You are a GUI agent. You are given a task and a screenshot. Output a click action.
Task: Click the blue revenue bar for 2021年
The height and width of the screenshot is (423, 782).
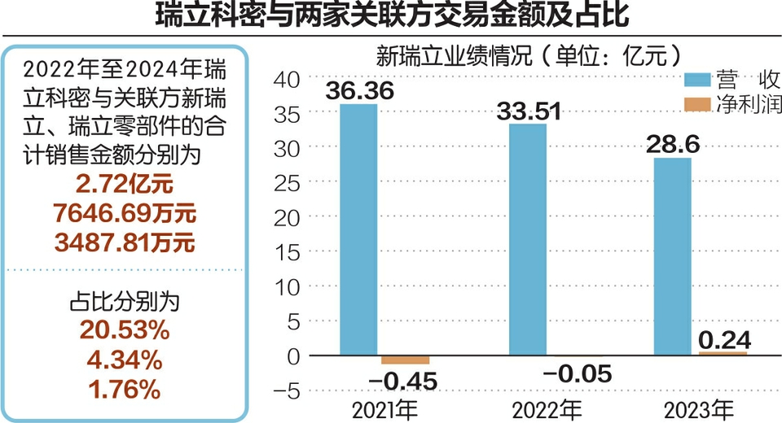358,230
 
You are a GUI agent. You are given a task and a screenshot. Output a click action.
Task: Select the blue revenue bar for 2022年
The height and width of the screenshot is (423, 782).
528,240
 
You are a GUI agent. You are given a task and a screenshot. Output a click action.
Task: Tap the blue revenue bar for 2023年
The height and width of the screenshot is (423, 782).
672,257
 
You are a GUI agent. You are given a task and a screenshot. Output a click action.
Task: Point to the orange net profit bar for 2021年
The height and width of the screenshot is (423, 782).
405,360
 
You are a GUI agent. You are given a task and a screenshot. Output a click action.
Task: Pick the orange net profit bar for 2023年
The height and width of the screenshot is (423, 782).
723,353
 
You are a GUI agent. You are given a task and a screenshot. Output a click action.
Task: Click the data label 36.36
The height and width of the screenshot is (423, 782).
359,90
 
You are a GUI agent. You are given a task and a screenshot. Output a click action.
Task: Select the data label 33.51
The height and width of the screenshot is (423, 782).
529,110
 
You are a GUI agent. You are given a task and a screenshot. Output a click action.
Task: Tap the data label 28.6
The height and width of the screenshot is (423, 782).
673,144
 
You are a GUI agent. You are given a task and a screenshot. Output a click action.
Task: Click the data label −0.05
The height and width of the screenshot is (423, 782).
575,375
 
